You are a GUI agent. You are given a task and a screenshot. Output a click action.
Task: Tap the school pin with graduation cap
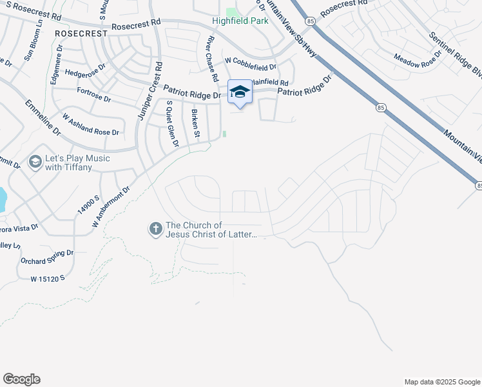point(240,92)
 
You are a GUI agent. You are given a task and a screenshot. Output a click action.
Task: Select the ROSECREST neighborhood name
point(80,32)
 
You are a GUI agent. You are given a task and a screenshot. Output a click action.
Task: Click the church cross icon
point(155,229)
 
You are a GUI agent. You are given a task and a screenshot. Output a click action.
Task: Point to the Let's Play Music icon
point(35,162)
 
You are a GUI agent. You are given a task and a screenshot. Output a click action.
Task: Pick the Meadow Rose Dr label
point(416,62)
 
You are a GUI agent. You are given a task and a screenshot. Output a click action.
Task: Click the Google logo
point(21,379)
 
